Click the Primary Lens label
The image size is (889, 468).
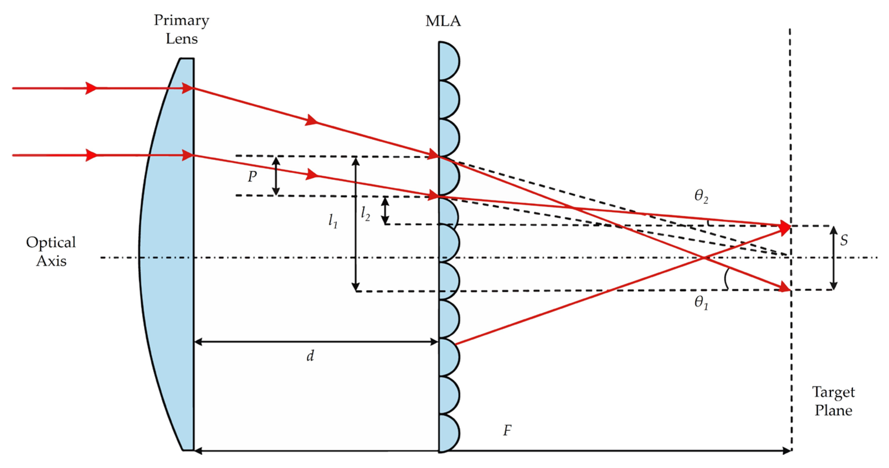[x=182, y=29]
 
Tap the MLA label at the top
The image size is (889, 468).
[x=443, y=21]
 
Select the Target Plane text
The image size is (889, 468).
[x=833, y=401]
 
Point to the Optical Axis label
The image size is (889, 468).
[x=51, y=252]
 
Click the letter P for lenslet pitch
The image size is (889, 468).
[x=252, y=177]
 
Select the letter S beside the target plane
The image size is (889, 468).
[x=844, y=240]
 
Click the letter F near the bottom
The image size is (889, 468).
[x=507, y=431]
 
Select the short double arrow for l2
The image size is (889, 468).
[x=385, y=211]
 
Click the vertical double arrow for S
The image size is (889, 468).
[x=833, y=258]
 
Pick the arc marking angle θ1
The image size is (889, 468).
[x=726, y=279]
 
